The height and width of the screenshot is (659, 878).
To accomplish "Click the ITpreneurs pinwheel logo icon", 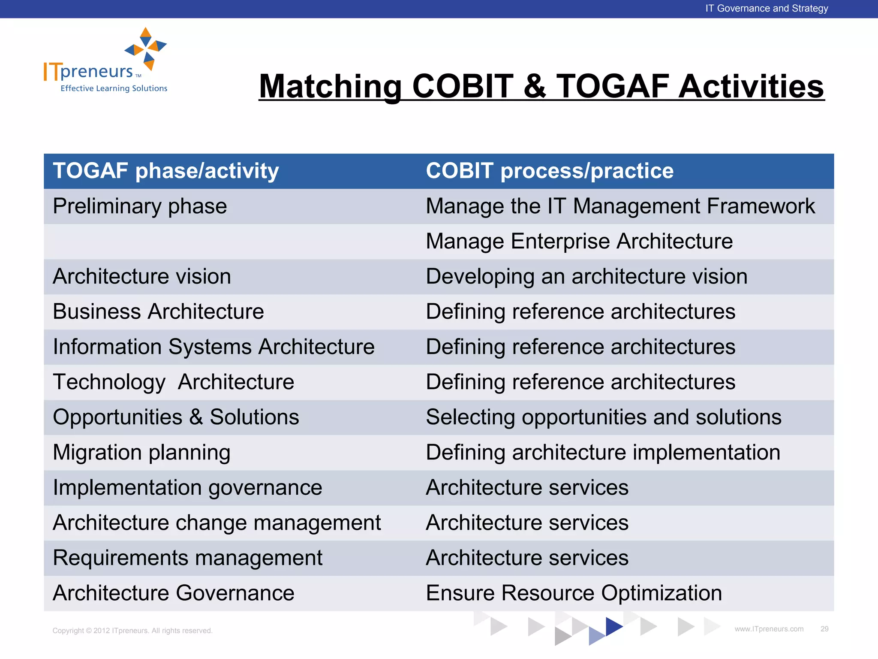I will [x=146, y=48].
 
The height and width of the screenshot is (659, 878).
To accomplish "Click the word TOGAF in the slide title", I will [x=612, y=86].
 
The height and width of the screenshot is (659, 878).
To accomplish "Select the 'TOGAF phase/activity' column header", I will [x=165, y=171].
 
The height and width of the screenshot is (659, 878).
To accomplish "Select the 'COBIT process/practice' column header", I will [x=549, y=171].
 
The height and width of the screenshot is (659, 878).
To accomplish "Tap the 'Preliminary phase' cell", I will [x=140, y=206].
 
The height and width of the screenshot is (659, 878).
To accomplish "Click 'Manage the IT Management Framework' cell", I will [x=620, y=206].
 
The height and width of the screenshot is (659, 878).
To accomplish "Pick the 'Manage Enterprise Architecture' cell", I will [x=579, y=241].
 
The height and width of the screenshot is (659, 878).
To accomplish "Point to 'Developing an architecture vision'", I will [x=586, y=276].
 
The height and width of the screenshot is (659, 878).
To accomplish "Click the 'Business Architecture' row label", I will [x=158, y=311].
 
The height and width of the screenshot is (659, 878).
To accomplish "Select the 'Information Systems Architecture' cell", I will [x=213, y=347].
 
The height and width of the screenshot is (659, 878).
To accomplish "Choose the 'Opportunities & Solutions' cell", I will [x=176, y=417].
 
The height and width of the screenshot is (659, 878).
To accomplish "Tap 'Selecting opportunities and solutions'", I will [x=603, y=417].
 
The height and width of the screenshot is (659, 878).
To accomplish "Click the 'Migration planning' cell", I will [x=141, y=452].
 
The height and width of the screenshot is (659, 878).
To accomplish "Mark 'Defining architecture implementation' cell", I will [x=603, y=452].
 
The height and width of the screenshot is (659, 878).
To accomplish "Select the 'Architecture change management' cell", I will [x=216, y=523].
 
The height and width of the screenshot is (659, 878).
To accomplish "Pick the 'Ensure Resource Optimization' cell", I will [x=574, y=593].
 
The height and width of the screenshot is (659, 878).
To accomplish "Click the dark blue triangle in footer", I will [x=613, y=626].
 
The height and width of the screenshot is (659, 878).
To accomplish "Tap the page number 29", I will [x=824, y=629].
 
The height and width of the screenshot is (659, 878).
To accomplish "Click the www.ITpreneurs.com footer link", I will [x=769, y=629].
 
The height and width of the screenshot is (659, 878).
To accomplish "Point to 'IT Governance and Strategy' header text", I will [x=767, y=9].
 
